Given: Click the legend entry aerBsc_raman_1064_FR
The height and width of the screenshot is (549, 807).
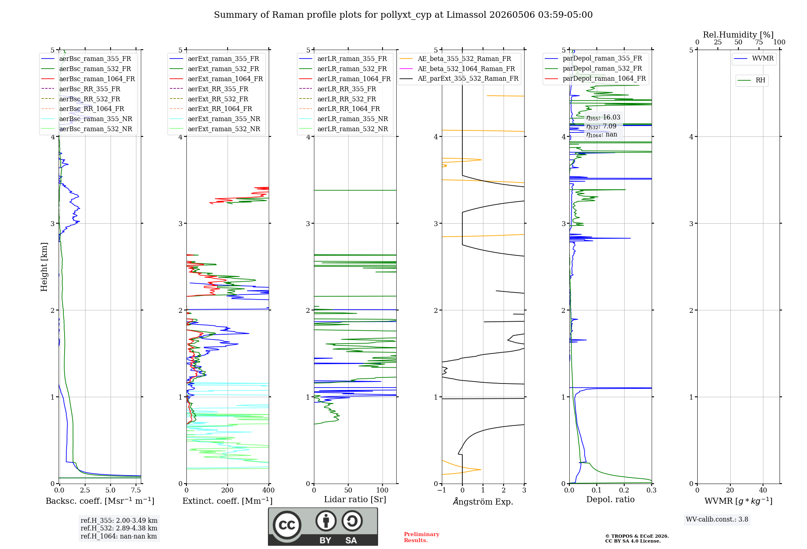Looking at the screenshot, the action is click(88, 79).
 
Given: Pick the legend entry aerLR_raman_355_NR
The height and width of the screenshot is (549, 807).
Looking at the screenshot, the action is click(343, 119).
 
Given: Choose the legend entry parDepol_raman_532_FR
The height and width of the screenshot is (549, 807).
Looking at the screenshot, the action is click(594, 68).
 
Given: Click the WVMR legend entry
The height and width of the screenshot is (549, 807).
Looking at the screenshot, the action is click(754, 59).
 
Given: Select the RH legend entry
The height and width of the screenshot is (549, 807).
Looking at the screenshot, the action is click(751, 80).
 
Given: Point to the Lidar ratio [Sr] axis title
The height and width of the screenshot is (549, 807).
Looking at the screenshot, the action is click(355, 499).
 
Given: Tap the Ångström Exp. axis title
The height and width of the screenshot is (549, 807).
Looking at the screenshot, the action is click(483, 501).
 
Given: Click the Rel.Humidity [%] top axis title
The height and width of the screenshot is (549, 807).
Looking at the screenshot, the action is click(738, 35).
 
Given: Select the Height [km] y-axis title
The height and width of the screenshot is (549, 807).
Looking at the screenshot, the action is click(44, 267).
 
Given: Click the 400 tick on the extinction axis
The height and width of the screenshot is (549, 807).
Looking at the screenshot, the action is click(269, 490).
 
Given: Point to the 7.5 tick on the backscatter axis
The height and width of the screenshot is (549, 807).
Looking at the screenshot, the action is click(136, 490).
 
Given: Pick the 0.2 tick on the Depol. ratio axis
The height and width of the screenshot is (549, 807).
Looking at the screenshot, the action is click(624, 490).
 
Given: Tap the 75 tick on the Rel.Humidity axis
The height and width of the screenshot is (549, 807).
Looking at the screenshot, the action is click(759, 42).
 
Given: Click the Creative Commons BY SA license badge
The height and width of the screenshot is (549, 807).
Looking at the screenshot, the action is click(323, 526).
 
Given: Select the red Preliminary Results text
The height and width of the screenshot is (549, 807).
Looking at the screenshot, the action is click(422, 537).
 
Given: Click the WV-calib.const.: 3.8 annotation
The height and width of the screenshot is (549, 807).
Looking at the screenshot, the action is click(717, 520).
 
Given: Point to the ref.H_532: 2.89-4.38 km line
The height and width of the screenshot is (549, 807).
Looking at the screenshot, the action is click(119, 528).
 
